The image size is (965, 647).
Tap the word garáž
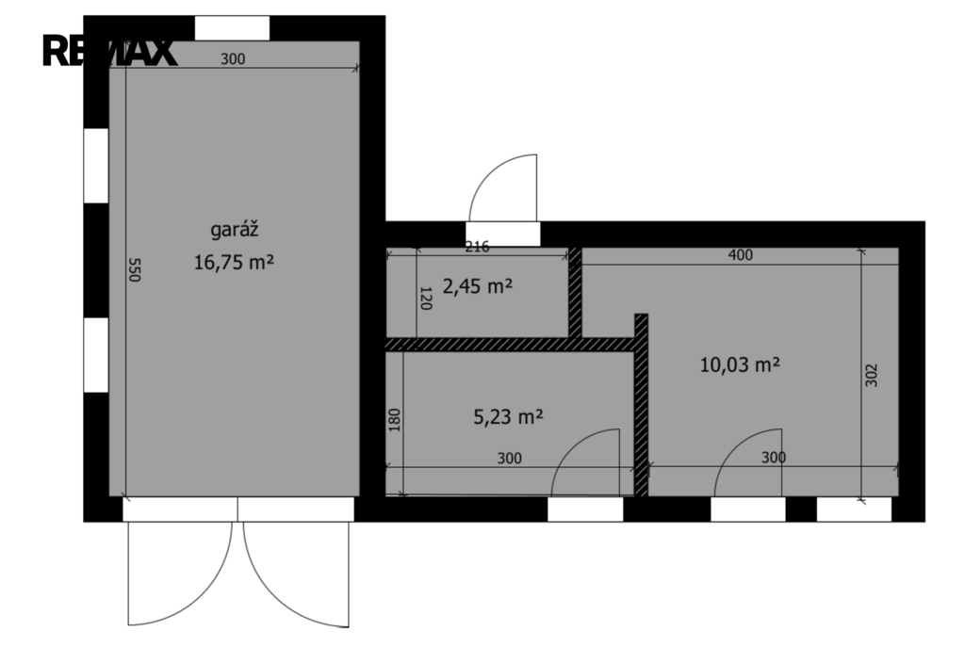pyautogui.click(x=234, y=230)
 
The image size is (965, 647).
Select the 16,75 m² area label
pyautogui.click(x=234, y=263)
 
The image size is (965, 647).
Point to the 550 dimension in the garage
pyautogui.click(x=134, y=270)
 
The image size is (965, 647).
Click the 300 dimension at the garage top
pyautogui.click(x=233, y=59)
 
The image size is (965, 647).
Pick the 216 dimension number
pyautogui.click(x=477, y=247)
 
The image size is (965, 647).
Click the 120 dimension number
pyautogui.click(x=425, y=298)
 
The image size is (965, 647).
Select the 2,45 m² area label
pyautogui.click(x=478, y=286)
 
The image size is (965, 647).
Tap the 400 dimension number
pyautogui.click(x=740, y=254)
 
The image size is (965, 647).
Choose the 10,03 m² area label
pyautogui.click(x=740, y=364)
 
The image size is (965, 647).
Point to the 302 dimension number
pyautogui.click(x=872, y=375)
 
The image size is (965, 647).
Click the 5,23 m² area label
pyautogui.click(x=508, y=417)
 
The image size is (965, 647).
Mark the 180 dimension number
pyautogui.click(x=395, y=420)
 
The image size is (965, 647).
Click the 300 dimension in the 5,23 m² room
pyautogui.click(x=509, y=459)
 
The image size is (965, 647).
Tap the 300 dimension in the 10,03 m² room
pyautogui.click(x=774, y=458)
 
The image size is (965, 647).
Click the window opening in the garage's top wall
pyautogui.click(x=232, y=28)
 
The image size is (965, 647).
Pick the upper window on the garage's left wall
pyautogui.click(x=96, y=166)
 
